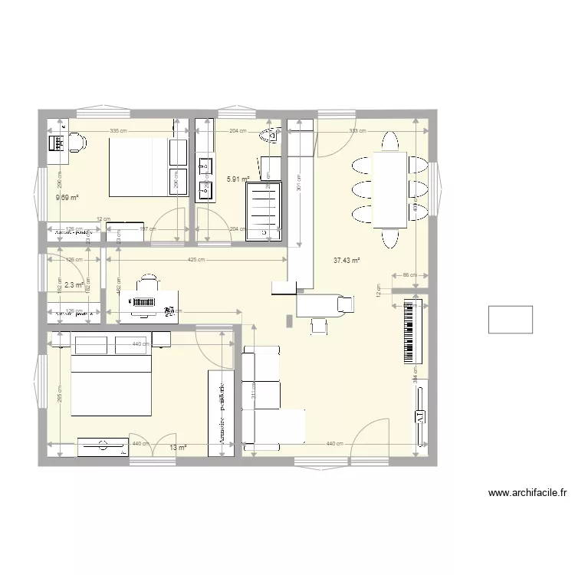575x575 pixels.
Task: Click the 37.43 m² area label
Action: tap(347, 261)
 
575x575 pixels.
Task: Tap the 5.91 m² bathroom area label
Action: tap(238, 179)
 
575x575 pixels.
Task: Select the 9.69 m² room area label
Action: tap(67, 198)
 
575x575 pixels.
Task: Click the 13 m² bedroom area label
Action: tap(177, 448)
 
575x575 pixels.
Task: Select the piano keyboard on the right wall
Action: tap(412, 332)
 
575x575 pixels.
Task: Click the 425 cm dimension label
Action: tap(196, 260)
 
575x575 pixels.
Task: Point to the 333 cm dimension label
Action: tap(357, 131)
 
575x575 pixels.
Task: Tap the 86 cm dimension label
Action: tap(409, 274)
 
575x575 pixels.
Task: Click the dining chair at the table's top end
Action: tap(390, 143)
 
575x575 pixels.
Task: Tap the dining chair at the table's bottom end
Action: tap(390, 238)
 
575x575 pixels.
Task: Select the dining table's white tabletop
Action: tap(390, 189)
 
